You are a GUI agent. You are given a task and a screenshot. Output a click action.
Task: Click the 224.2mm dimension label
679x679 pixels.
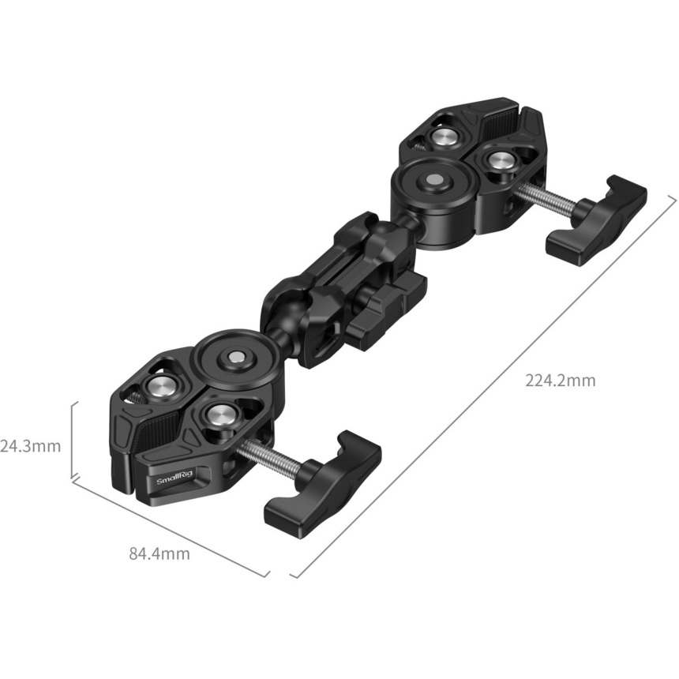pyautogui.click(x=561, y=381)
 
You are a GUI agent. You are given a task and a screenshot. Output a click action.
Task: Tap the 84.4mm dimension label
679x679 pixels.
pyautogui.click(x=159, y=553)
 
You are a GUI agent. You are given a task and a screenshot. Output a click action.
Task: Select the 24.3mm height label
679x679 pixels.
pyautogui.click(x=30, y=446)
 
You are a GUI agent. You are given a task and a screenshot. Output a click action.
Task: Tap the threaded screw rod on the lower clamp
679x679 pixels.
pyautogui.click(x=269, y=454)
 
